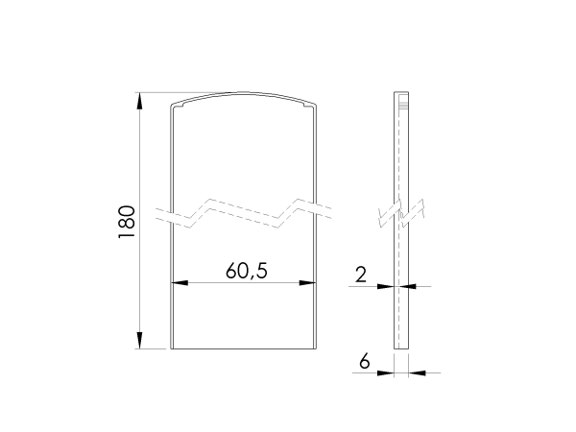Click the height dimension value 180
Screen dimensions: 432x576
tap(125, 222)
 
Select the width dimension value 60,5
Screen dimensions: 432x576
tap(246, 271)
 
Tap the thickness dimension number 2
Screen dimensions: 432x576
tap(360, 275)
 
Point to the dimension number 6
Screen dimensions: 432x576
tap(364, 361)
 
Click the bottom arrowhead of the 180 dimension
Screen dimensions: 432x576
tap(140, 343)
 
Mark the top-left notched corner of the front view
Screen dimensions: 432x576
tap(173, 105)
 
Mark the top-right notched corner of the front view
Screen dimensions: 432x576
tap(315, 105)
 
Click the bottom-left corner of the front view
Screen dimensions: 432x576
tap(171, 348)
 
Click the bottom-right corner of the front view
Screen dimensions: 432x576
tap(317, 348)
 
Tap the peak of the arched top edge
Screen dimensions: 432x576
tap(244, 93)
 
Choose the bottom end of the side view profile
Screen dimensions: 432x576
tap(401, 348)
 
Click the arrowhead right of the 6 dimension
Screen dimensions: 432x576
tap(413, 372)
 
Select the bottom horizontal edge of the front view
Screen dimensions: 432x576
tap(244, 348)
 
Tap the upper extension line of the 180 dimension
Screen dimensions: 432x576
tap(154, 93)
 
